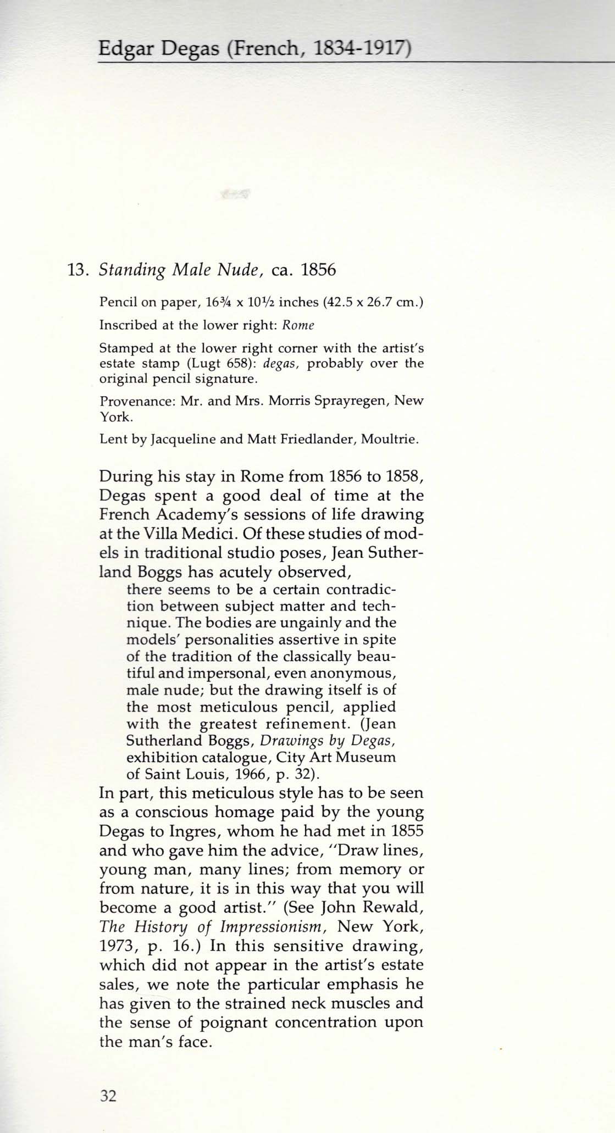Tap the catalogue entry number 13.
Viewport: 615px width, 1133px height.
(77, 270)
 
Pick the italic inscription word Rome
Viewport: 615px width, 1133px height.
(298, 325)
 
